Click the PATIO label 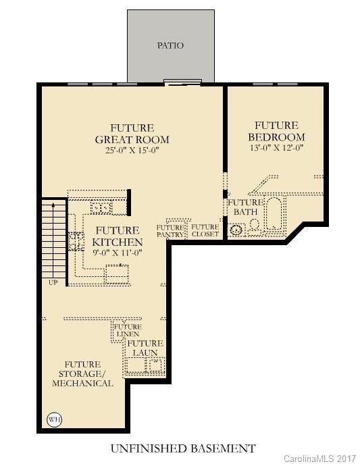(x=171, y=46)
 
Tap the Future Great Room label (x=132, y=134)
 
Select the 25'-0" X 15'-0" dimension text (x=132, y=151)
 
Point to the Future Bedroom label (x=276, y=131)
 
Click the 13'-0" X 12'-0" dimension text (x=276, y=148)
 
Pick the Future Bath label (x=244, y=207)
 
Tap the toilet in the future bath (x=254, y=227)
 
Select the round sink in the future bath (x=236, y=230)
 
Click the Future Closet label (x=205, y=230)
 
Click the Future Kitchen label (x=118, y=236)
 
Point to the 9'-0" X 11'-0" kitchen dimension (x=118, y=254)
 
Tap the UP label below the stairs (x=53, y=282)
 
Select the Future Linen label (x=127, y=331)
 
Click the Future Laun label (x=145, y=348)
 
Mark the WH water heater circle (x=54, y=419)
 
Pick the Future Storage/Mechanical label (x=83, y=373)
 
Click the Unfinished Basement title (x=182, y=448)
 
